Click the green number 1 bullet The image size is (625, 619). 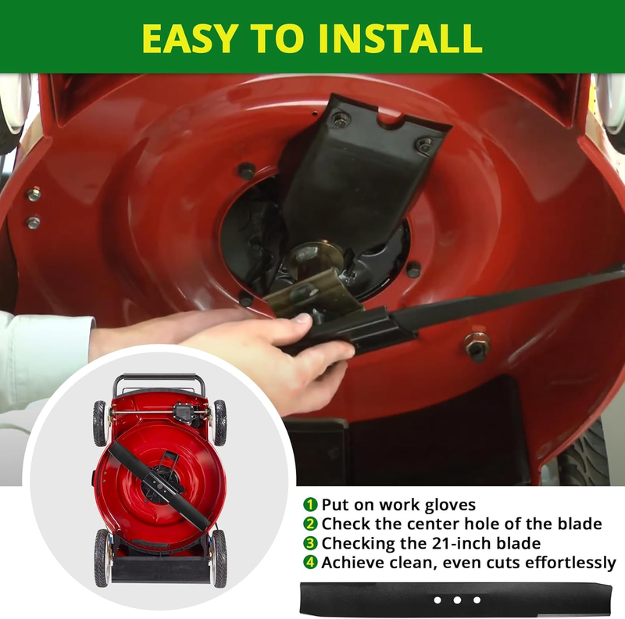coord(310,505)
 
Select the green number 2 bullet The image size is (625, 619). coord(310,524)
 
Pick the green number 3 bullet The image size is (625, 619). coord(310,543)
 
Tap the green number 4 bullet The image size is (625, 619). coord(310,563)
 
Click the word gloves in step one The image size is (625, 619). coord(450,506)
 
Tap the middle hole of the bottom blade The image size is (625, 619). coord(457,600)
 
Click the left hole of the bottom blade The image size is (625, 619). coord(437,600)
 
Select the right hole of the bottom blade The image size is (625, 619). coord(477,600)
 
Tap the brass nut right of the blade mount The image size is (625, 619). coord(477,343)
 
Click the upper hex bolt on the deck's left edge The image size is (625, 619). coord(34,195)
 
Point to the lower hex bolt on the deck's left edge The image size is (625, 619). coord(34,222)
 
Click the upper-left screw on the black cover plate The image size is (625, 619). coord(340,119)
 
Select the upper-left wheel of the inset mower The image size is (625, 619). coord(100,424)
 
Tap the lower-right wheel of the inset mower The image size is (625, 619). coord(220,558)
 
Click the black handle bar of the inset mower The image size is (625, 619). coord(159,377)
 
